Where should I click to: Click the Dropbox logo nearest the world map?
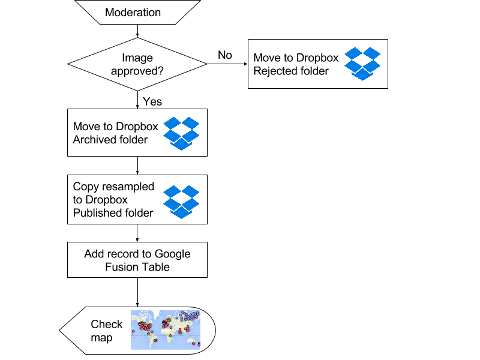[181, 202]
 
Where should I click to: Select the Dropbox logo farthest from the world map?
[362, 64]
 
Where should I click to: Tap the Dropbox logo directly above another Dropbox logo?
[181, 133]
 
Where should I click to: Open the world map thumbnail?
[166, 330]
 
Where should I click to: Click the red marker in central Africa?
[170, 335]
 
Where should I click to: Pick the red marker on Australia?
[193, 343]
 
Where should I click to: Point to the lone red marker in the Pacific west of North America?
[133, 331]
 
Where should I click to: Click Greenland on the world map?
[157, 314]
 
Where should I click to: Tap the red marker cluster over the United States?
[144, 326]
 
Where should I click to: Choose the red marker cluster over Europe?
[166, 324]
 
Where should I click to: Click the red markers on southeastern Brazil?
[155, 340]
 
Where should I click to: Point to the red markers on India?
[180, 331]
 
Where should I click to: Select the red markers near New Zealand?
[199, 344]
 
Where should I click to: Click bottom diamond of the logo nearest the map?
[181, 212]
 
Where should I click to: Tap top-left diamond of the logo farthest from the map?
[353, 53]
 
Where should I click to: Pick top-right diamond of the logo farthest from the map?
[371, 53]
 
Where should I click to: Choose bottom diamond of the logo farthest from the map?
[362, 74]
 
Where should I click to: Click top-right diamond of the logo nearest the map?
[190, 191]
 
